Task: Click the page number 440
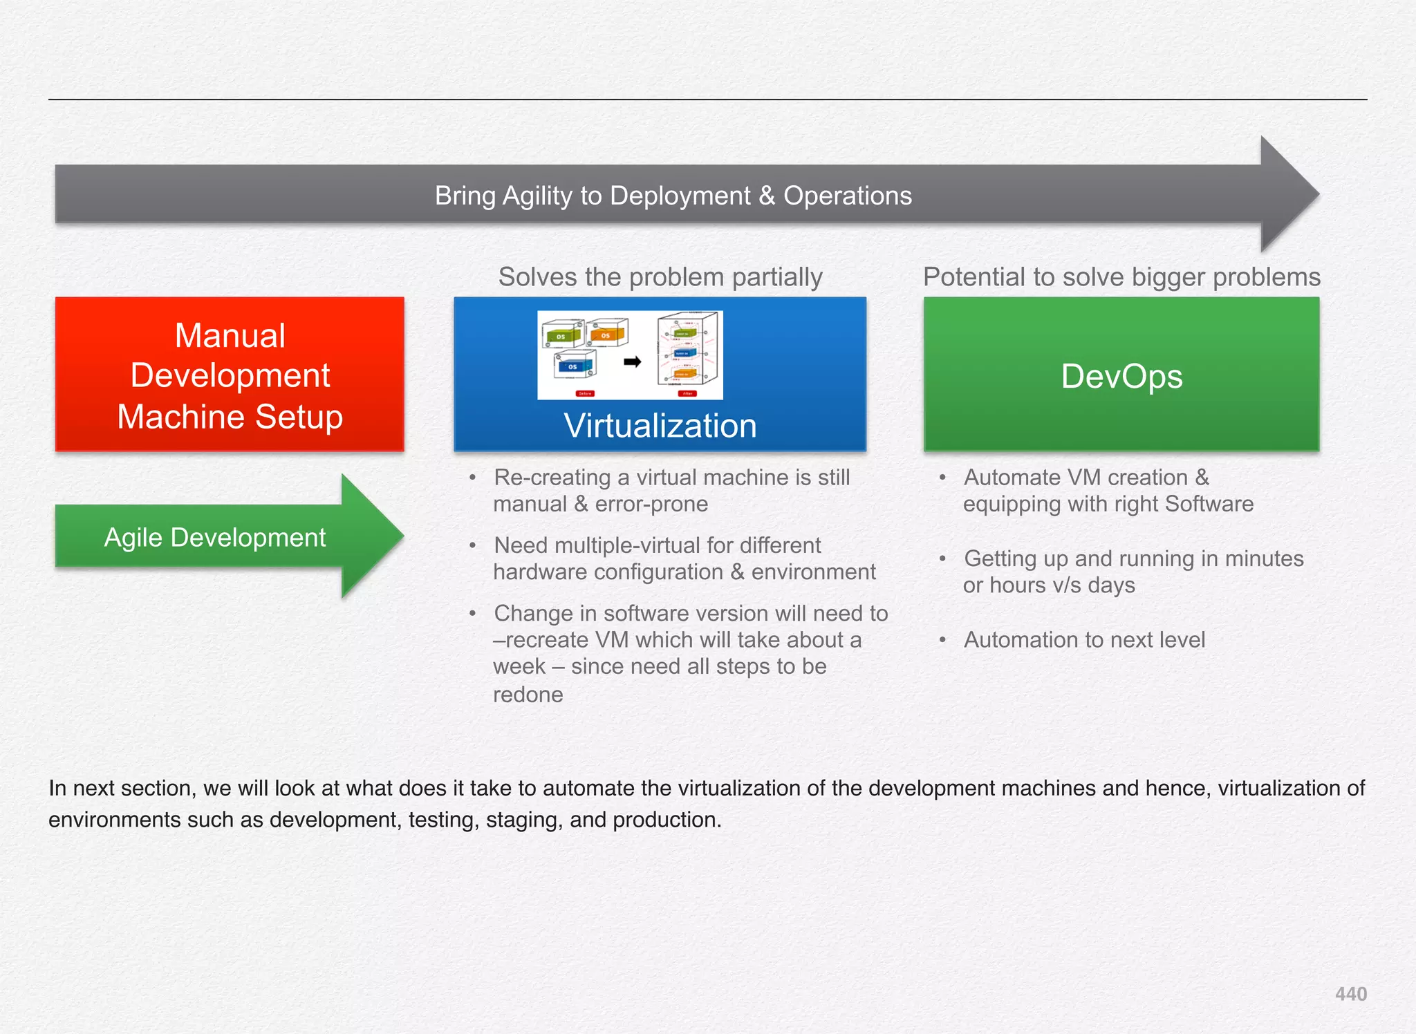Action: pos(1350,994)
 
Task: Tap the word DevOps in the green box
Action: pos(1121,377)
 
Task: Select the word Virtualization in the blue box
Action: pos(660,425)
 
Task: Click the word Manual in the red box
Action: pos(230,336)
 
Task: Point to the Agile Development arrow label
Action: pos(214,538)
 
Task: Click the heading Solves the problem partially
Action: pos(660,277)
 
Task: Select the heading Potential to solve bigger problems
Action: pos(1121,277)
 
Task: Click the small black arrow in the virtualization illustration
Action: pos(632,361)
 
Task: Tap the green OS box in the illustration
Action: pos(561,337)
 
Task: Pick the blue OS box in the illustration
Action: pos(573,366)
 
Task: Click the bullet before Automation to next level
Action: pos(942,640)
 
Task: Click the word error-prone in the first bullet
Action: pos(651,504)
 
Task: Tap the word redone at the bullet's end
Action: pos(528,695)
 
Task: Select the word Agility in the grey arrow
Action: pos(537,196)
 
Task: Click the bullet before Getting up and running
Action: pos(942,558)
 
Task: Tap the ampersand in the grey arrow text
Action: pos(767,196)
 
